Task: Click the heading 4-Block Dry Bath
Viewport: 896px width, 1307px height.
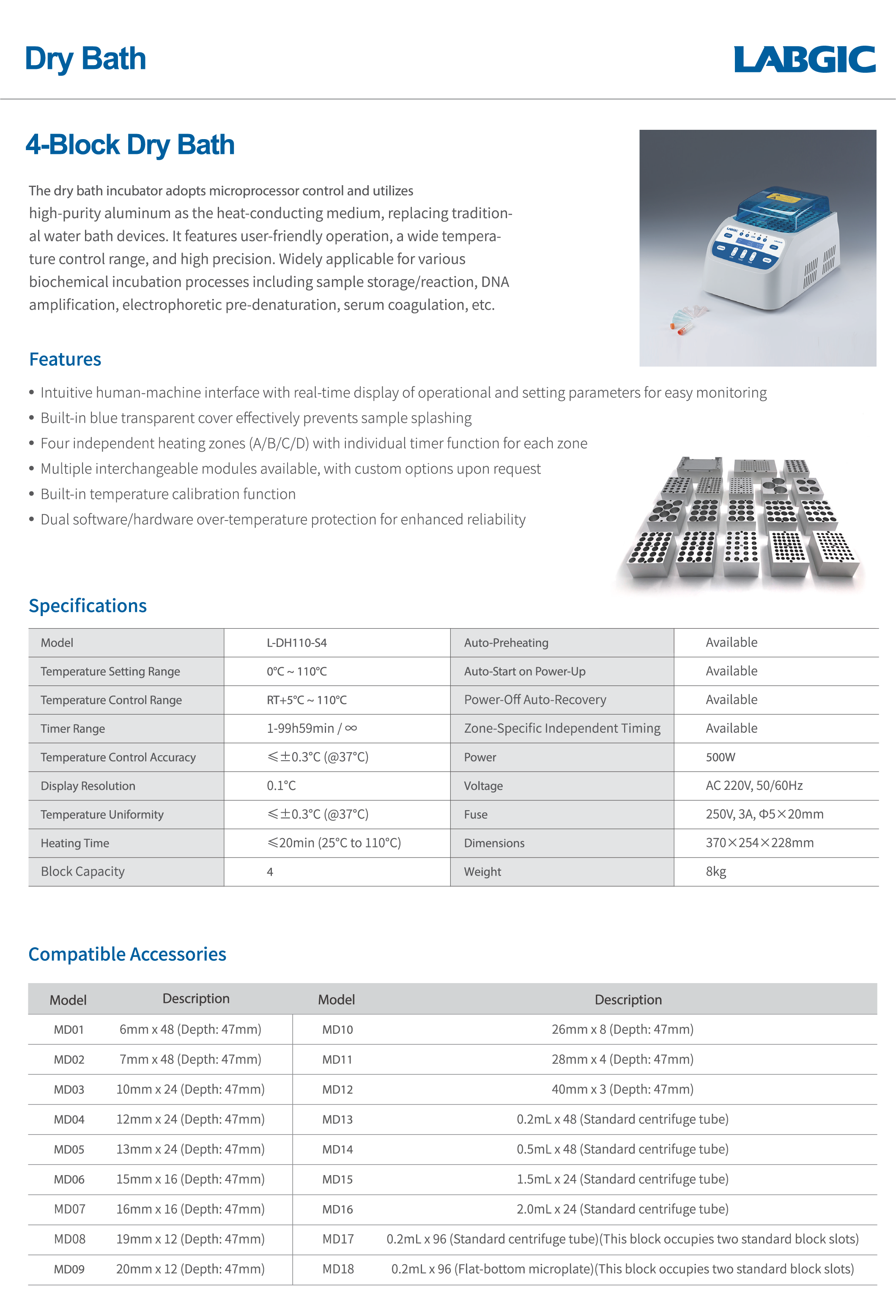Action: [130, 145]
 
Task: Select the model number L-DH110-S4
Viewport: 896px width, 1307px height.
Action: [296, 643]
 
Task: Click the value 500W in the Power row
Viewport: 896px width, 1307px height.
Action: [720, 757]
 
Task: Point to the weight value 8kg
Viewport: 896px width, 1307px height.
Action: [715, 872]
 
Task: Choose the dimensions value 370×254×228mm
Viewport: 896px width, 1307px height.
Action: [759, 842]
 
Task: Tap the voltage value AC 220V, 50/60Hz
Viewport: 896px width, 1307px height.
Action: [754, 786]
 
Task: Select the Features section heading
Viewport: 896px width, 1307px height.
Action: [65, 359]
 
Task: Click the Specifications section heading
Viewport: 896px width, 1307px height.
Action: [88, 606]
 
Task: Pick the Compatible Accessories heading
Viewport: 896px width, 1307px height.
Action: [127, 954]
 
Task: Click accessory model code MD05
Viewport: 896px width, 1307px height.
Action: [69, 1149]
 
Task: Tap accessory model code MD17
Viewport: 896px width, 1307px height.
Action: [338, 1239]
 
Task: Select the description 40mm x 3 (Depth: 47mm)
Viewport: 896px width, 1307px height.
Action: [622, 1089]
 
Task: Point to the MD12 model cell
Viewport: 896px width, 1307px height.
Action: [337, 1089]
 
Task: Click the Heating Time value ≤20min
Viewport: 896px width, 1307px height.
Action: [334, 842]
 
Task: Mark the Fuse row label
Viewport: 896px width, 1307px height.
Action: [475, 814]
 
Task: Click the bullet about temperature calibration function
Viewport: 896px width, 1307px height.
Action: [167, 494]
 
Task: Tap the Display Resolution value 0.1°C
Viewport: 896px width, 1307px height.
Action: [281, 786]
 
